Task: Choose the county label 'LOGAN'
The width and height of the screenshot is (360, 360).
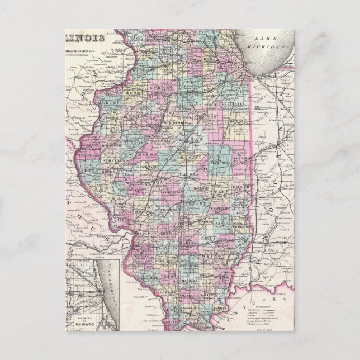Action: coord(168,159)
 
